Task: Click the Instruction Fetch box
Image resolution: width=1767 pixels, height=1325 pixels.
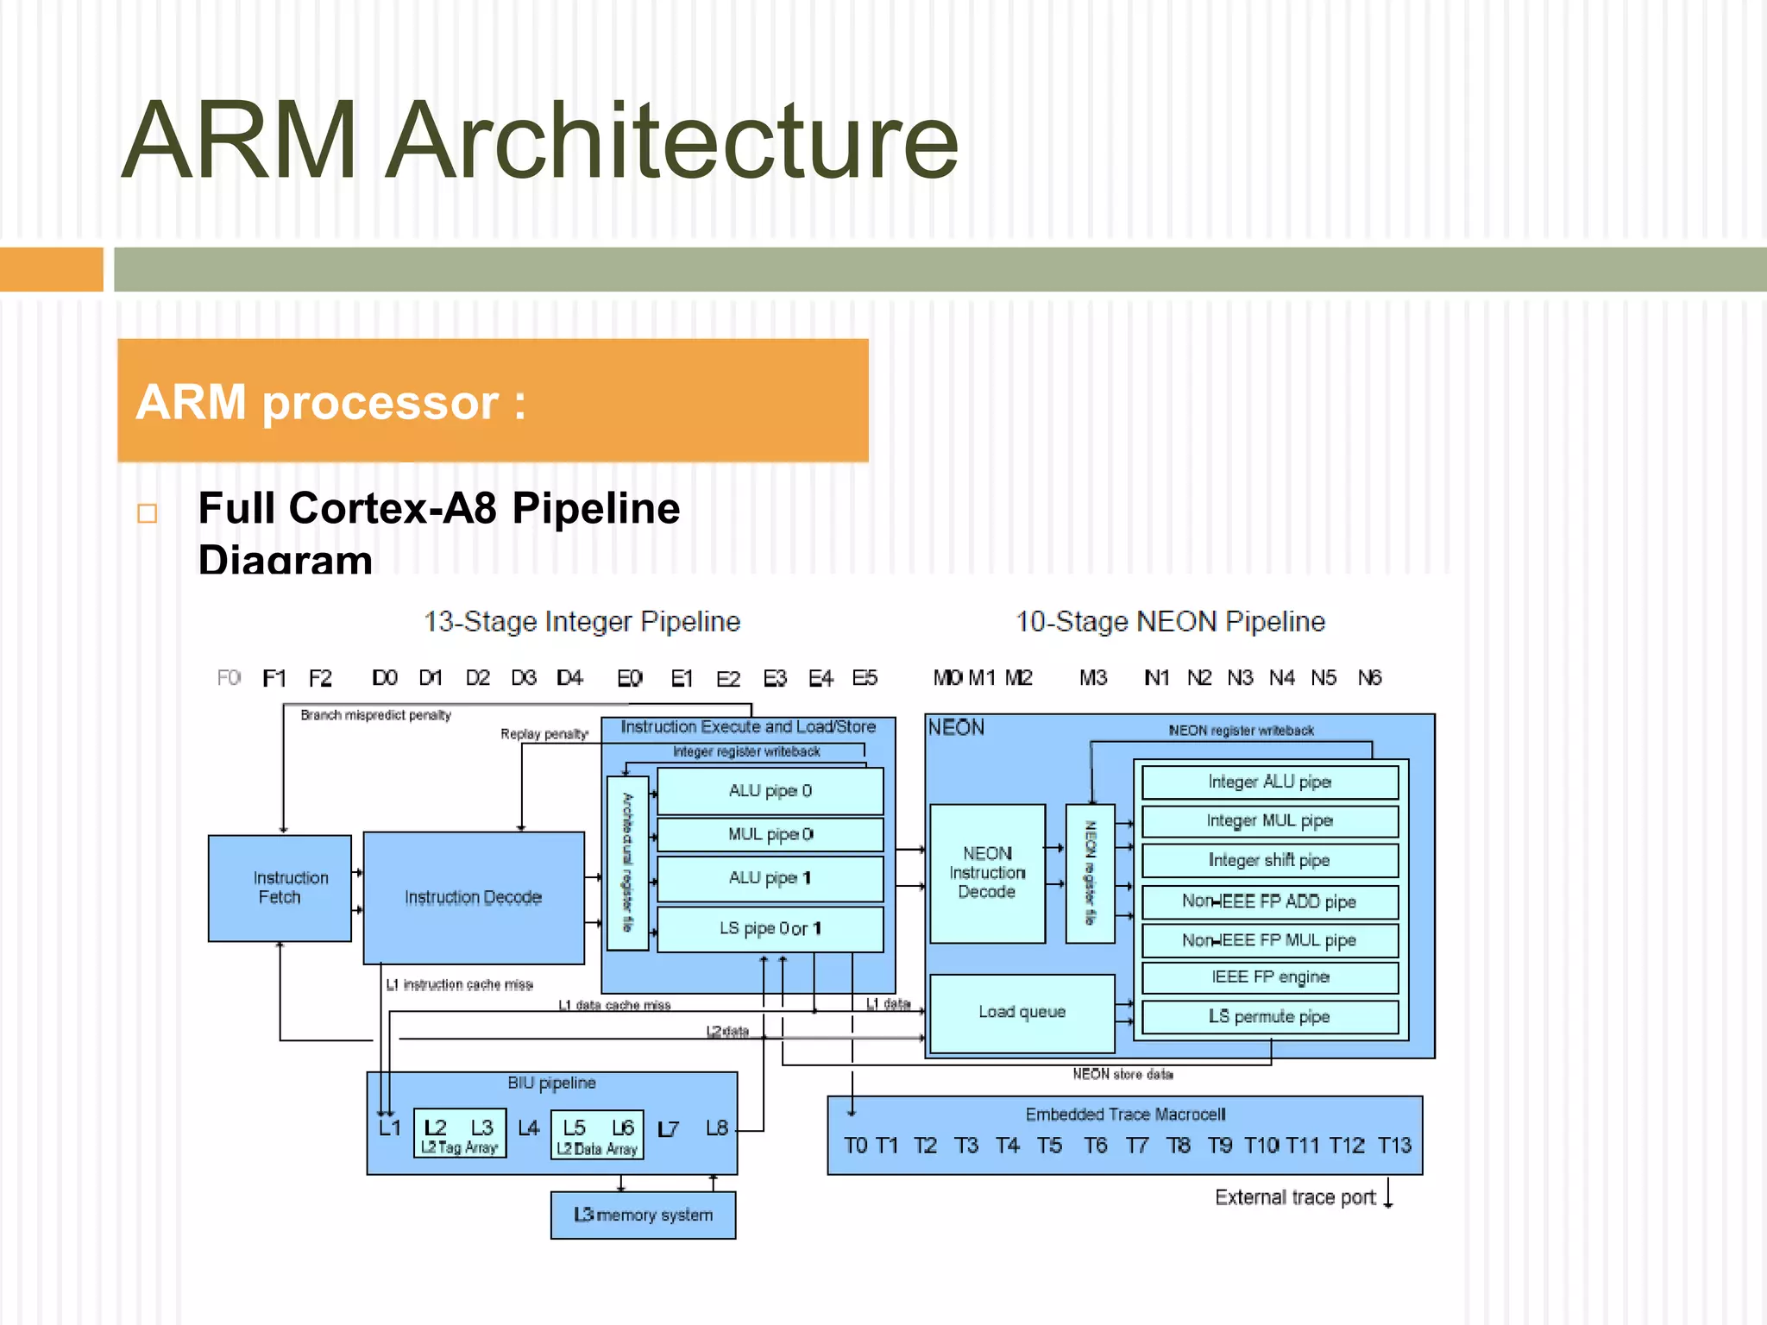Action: (x=280, y=888)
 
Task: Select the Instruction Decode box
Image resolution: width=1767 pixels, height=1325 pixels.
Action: (x=474, y=897)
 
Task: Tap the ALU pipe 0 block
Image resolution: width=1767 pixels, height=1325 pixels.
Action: (x=770, y=791)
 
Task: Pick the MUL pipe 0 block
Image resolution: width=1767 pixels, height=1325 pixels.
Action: (x=770, y=834)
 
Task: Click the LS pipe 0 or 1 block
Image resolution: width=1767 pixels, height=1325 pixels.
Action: (x=770, y=929)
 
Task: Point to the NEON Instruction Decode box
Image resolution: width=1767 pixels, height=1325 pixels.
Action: (x=987, y=873)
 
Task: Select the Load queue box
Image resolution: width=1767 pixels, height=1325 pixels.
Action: (x=1022, y=1012)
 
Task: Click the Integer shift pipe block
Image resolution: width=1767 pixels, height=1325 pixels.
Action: (x=1269, y=860)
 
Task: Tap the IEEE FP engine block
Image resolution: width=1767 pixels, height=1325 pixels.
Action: (x=1269, y=977)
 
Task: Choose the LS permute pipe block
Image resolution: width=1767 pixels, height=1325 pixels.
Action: (x=1269, y=1017)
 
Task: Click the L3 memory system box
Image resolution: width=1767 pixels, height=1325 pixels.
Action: (x=643, y=1215)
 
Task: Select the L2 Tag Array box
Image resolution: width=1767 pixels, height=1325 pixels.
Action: (x=459, y=1133)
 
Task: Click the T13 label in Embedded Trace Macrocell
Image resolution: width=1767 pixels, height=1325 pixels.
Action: (x=1394, y=1146)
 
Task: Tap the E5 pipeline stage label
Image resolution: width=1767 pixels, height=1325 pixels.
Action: (x=865, y=678)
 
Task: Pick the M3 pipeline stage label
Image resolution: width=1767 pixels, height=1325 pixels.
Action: (x=1092, y=678)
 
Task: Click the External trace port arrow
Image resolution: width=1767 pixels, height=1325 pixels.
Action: (x=1388, y=1194)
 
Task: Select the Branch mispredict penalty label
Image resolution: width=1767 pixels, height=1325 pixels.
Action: (x=375, y=715)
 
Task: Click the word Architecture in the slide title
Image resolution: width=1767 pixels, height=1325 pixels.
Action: (x=671, y=141)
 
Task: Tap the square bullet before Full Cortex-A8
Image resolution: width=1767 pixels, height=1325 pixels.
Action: (x=148, y=513)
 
